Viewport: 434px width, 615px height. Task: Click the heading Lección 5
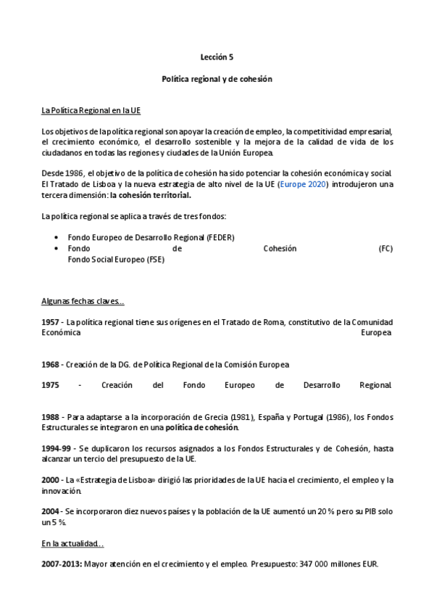(217, 55)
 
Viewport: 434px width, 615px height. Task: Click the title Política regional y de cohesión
(217, 78)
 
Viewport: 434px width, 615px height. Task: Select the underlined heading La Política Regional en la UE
(91, 110)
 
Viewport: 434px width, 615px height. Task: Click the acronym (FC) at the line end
(385, 248)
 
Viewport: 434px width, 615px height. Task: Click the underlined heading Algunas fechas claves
(83, 301)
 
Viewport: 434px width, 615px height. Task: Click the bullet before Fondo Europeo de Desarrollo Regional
(57, 237)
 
